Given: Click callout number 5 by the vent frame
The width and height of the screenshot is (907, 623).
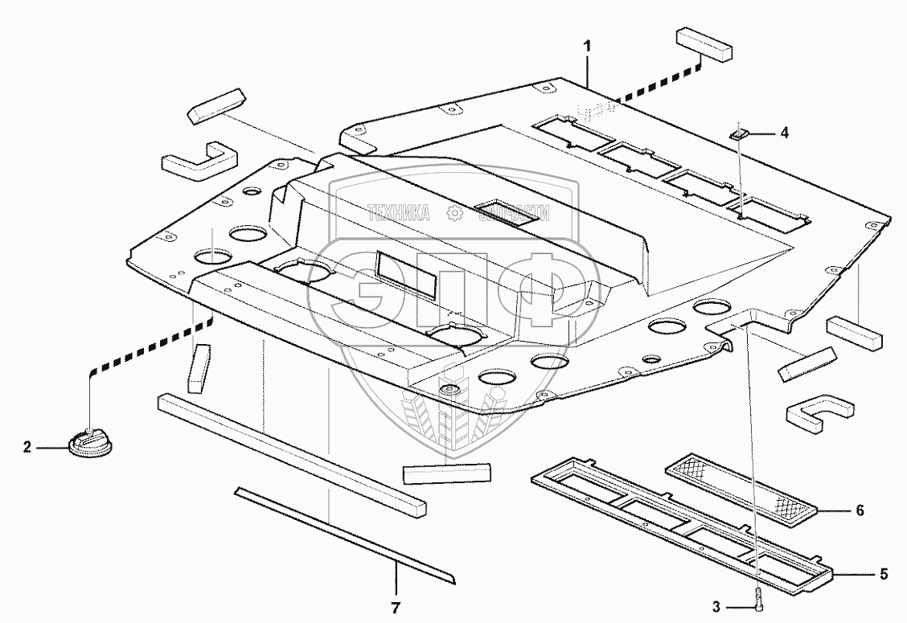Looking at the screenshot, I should coord(883,574).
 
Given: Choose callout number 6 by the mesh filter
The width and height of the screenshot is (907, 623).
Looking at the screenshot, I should coord(860,510).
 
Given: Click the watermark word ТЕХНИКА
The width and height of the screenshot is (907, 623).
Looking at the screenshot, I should coord(399,213).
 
